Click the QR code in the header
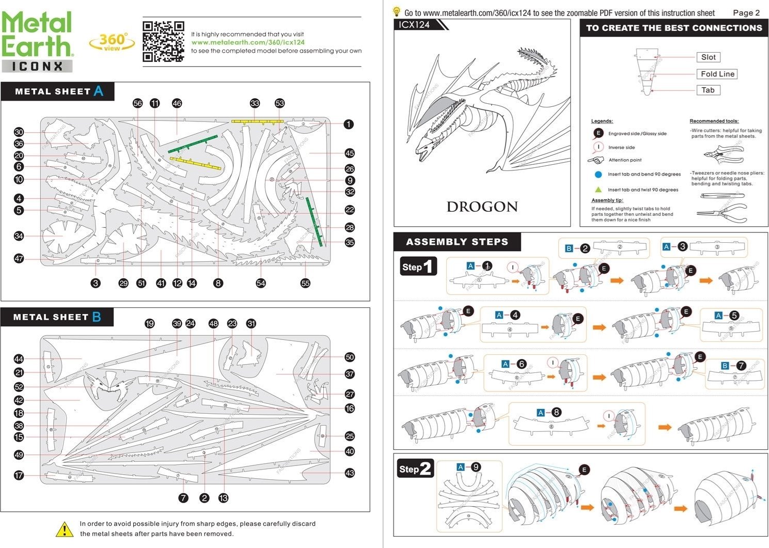click(x=163, y=41)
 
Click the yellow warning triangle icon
click(x=64, y=529)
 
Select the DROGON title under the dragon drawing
click(x=482, y=207)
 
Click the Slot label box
click(x=708, y=57)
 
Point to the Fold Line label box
click(x=717, y=74)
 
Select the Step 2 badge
click(x=415, y=469)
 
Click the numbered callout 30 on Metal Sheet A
click(x=19, y=132)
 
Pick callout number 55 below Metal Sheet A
click(x=305, y=283)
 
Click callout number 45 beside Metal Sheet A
click(x=350, y=153)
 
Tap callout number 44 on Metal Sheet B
click(x=19, y=359)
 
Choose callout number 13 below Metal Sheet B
click(x=223, y=498)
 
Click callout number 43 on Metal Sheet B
click(x=350, y=473)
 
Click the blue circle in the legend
click(x=598, y=175)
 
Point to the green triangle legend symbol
click(x=598, y=190)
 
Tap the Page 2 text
click(x=746, y=13)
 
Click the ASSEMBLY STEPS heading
click(x=457, y=242)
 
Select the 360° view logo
click(x=112, y=42)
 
